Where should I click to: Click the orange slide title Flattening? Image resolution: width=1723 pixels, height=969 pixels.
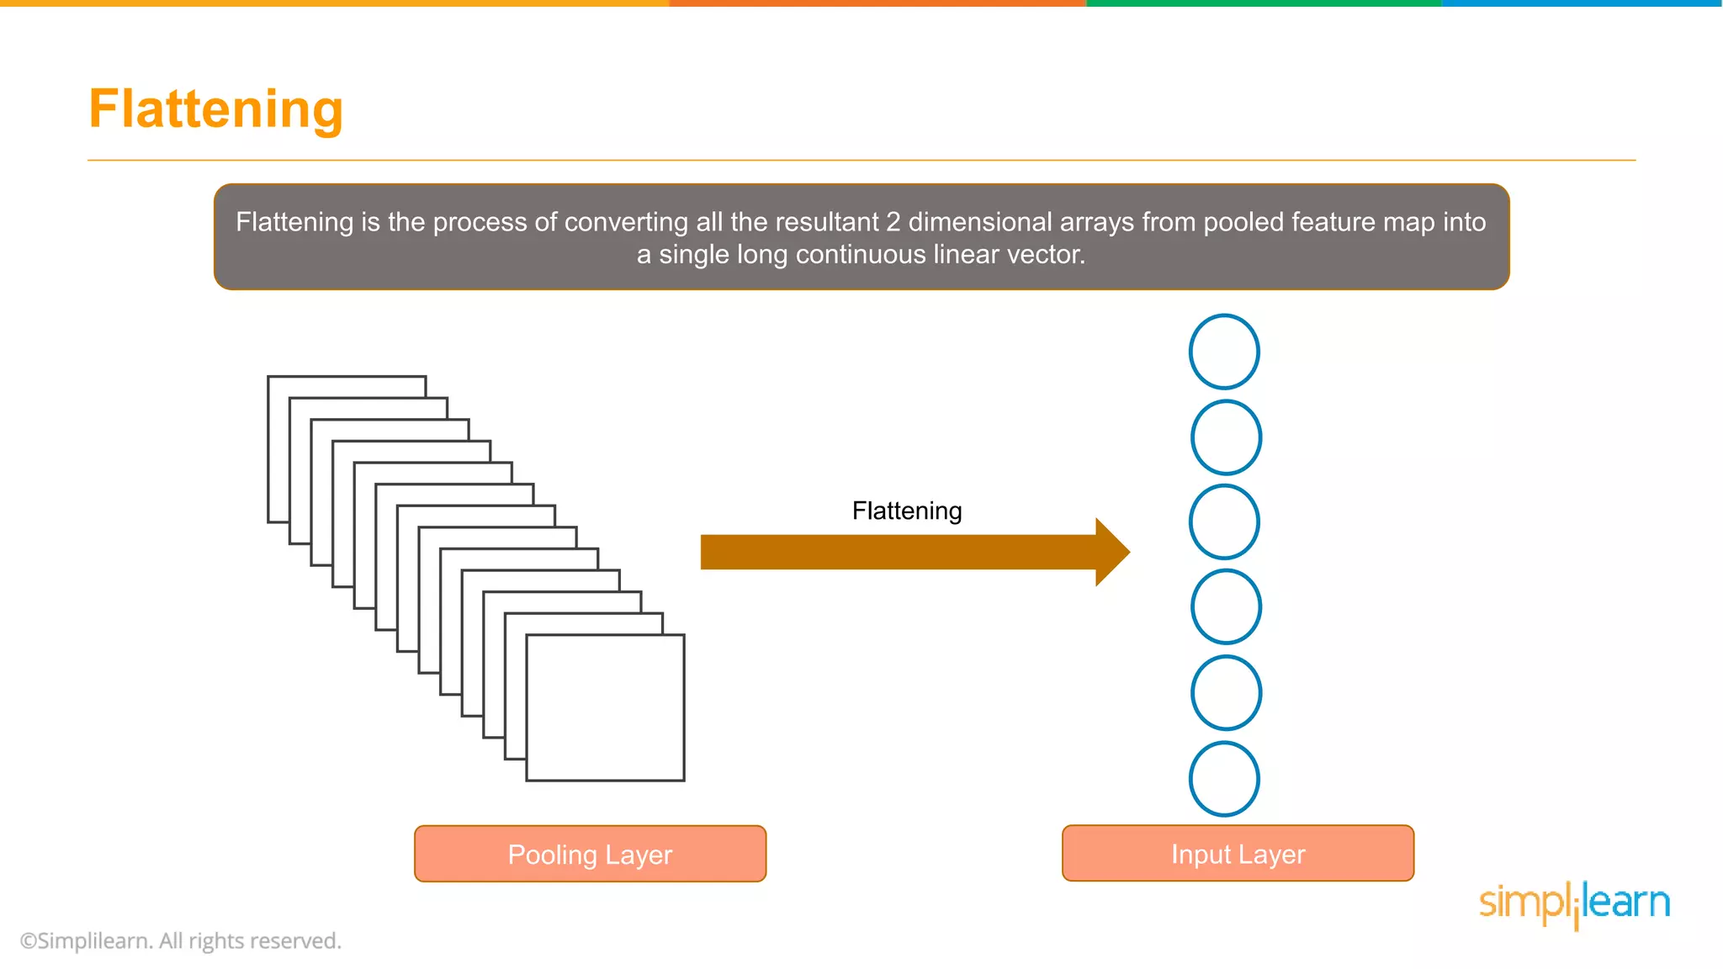215,109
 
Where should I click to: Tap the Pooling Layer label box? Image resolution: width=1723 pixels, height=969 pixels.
590,854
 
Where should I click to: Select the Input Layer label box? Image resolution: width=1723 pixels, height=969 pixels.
1238,854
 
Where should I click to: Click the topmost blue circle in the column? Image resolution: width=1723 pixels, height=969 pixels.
1224,352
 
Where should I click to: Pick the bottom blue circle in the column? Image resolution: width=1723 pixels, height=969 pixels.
1224,779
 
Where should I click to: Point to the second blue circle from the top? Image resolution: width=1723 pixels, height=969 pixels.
1226,437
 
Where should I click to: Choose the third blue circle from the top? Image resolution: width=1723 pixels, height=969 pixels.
1224,522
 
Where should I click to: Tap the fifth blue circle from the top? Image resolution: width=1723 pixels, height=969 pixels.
1226,692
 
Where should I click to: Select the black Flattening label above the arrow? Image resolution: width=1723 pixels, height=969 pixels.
906,511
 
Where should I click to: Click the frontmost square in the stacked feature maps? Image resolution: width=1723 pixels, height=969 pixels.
605,707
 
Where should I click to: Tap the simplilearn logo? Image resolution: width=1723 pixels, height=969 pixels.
1574,903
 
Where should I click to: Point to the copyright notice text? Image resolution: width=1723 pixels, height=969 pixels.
180,940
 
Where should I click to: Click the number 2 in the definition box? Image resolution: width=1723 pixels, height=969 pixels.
893,222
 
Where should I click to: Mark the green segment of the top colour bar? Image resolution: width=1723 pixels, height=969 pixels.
1264,3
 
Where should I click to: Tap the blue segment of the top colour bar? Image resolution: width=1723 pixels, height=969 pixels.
1582,3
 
